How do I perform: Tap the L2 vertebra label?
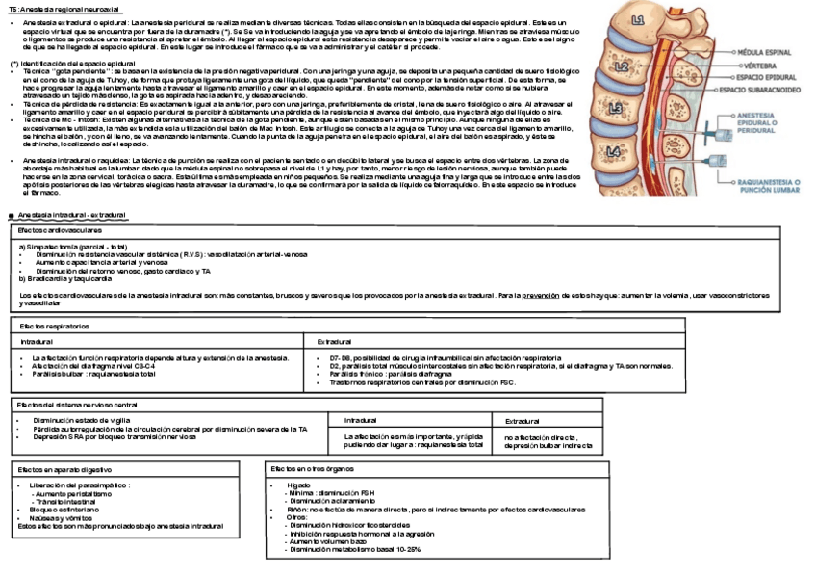click(x=623, y=66)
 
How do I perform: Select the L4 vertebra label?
click(x=614, y=151)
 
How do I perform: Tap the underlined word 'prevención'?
click(x=541, y=296)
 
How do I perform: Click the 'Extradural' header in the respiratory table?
click(x=334, y=342)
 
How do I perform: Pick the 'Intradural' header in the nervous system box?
click(x=360, y=421)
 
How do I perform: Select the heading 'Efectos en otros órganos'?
click(x=309, y=467)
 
